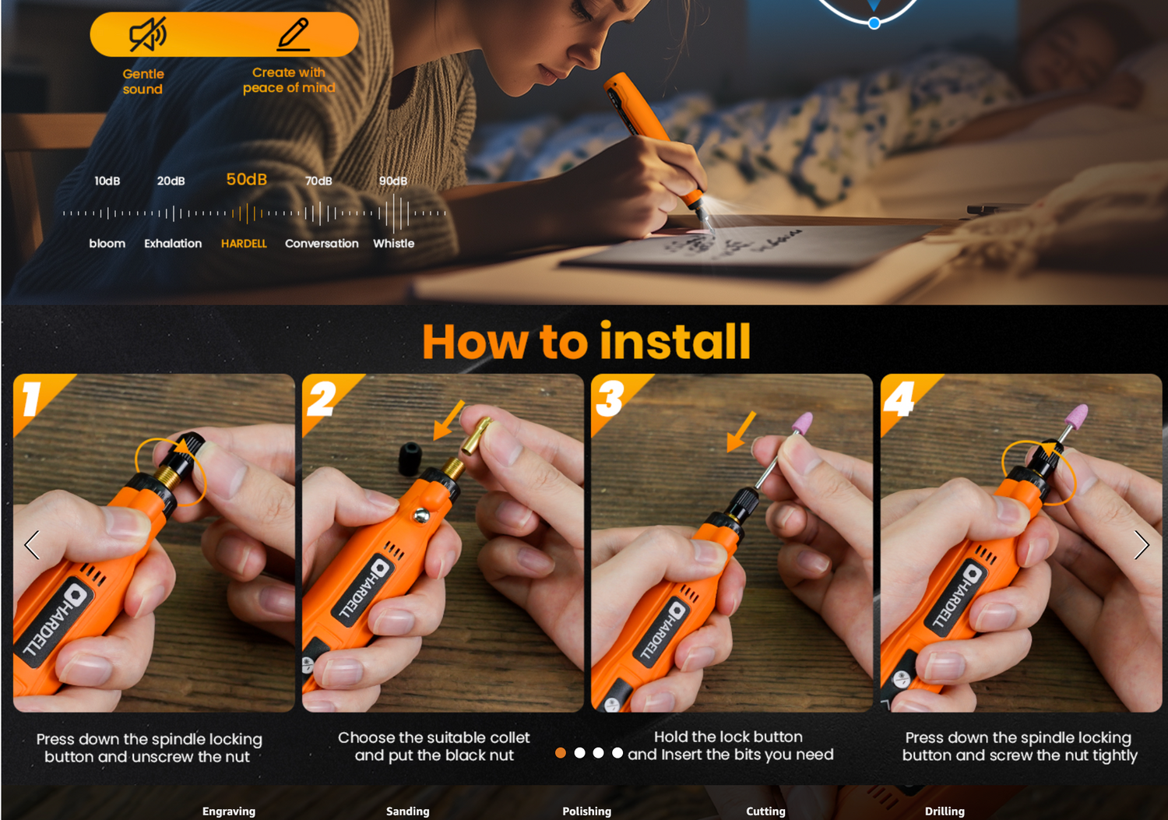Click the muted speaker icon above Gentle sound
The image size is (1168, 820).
148,34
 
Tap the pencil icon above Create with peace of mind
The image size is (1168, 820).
293,34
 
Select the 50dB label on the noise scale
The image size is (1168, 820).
247,179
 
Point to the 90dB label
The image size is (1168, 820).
393,181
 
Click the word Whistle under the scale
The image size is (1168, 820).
394,244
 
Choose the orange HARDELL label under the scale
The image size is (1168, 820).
244,244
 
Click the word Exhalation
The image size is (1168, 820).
173,244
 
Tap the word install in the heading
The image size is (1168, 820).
675,342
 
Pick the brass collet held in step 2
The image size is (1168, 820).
475,436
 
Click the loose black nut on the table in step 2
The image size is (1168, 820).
410,458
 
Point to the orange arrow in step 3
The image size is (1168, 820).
741,431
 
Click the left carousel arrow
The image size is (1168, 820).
32,545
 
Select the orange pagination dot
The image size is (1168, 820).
561,753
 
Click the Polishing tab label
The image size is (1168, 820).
586,811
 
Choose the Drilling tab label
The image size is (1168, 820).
945,811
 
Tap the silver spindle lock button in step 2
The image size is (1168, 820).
421,516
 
